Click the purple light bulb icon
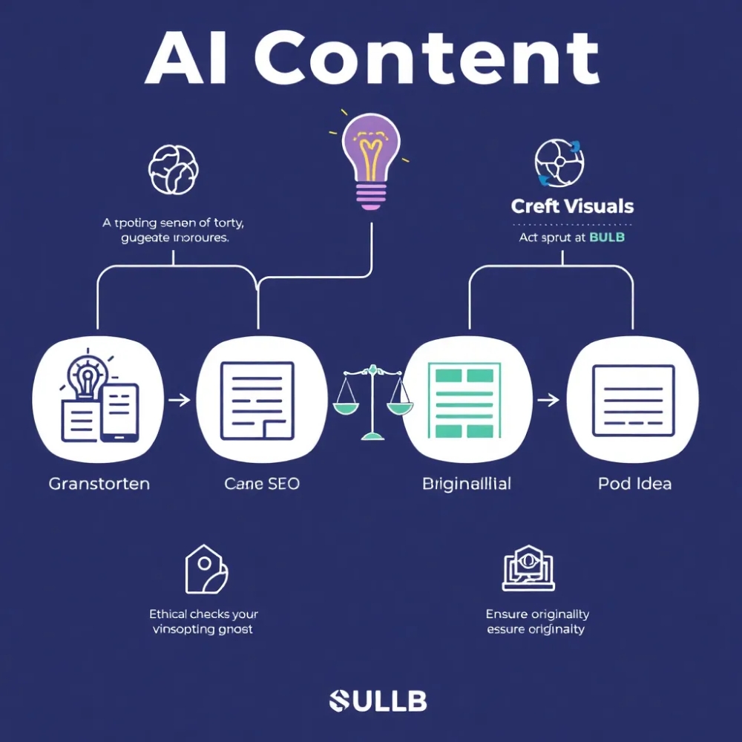pos(370,159)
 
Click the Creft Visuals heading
pos(572,206)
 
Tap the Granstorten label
pos(99,484)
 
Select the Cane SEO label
pos(261,484)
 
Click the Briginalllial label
pos(466,484)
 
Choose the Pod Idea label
pos(634,484)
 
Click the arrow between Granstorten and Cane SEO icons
pos(179,401)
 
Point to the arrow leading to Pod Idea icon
pos(548,401)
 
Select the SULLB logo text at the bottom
pos(378,700)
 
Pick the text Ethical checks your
pos(203,614)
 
